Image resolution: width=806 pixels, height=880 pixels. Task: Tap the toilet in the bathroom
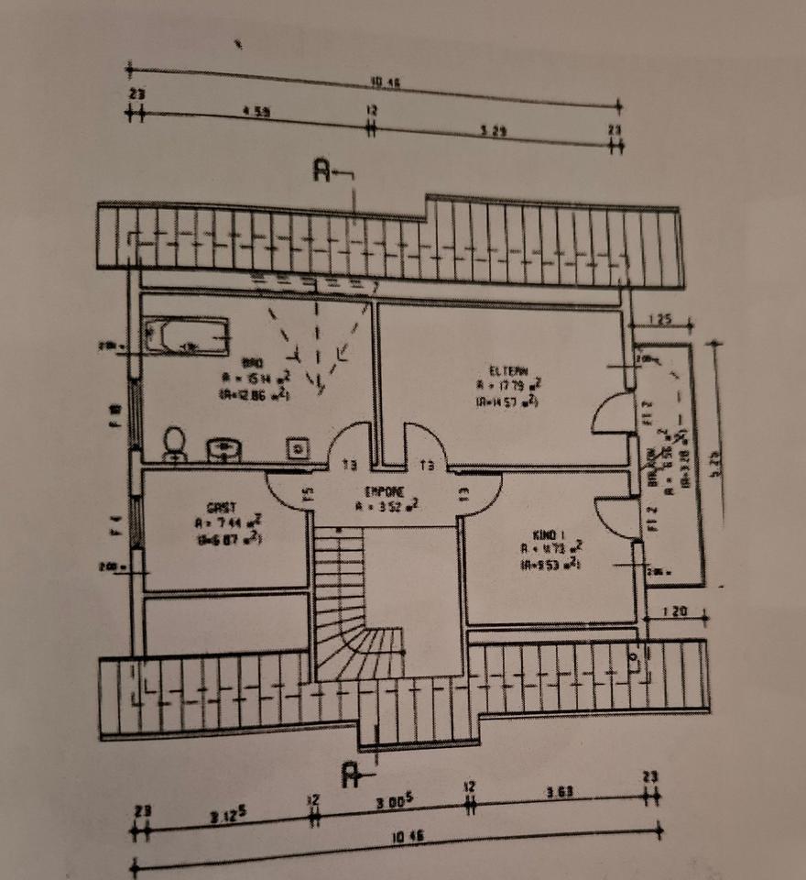pos(173,445)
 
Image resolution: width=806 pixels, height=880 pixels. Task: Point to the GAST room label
pos(223,507)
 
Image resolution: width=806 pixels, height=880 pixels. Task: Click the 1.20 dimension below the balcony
pos(671,609)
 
